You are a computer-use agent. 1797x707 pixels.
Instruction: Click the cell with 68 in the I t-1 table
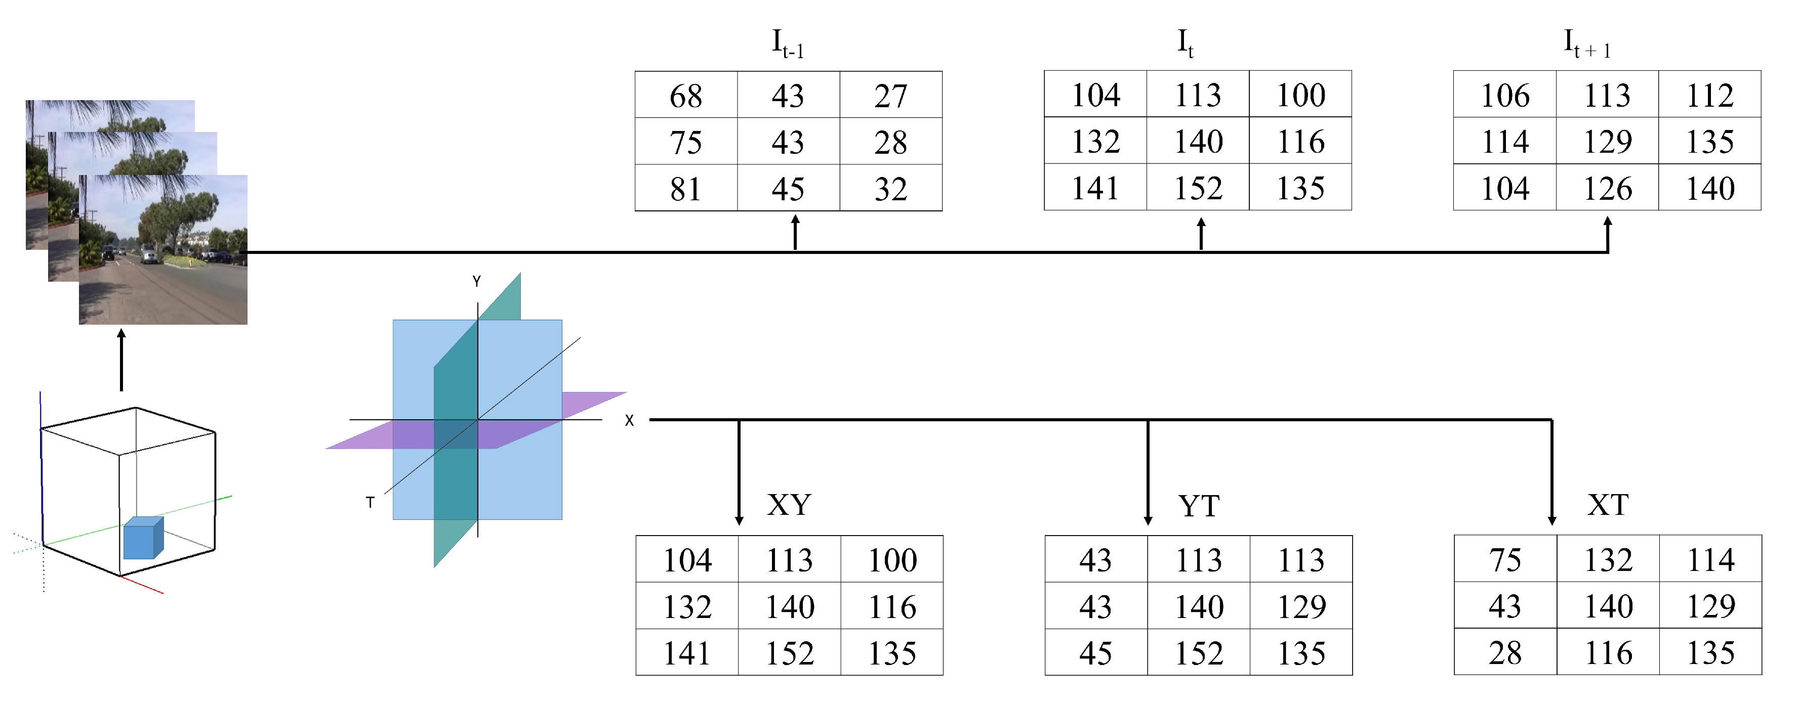click(686, 96)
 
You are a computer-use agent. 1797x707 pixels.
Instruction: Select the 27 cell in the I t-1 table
click(891, 96)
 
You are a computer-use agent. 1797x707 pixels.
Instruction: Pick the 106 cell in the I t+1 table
click(1505, 95)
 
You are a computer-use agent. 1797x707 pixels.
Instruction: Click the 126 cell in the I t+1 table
click(1607, 188)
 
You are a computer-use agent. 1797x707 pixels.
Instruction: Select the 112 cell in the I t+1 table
click(1710, 95)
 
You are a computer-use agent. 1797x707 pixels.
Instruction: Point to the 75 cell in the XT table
click(1505, 560)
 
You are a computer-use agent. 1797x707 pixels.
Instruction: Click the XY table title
click(789, 505)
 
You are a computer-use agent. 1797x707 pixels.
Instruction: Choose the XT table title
click(1608, 505)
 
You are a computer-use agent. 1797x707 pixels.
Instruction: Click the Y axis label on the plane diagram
click(476, 282)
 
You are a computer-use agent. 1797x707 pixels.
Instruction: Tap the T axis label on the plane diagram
click(370, 502)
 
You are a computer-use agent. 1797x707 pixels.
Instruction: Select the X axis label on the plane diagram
click(629, 420)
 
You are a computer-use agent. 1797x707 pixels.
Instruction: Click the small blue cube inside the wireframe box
click(142, 539)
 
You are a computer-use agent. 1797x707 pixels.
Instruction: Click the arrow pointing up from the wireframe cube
click(121, 359)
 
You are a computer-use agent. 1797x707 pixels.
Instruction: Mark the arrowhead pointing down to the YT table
click(1148, 519)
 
